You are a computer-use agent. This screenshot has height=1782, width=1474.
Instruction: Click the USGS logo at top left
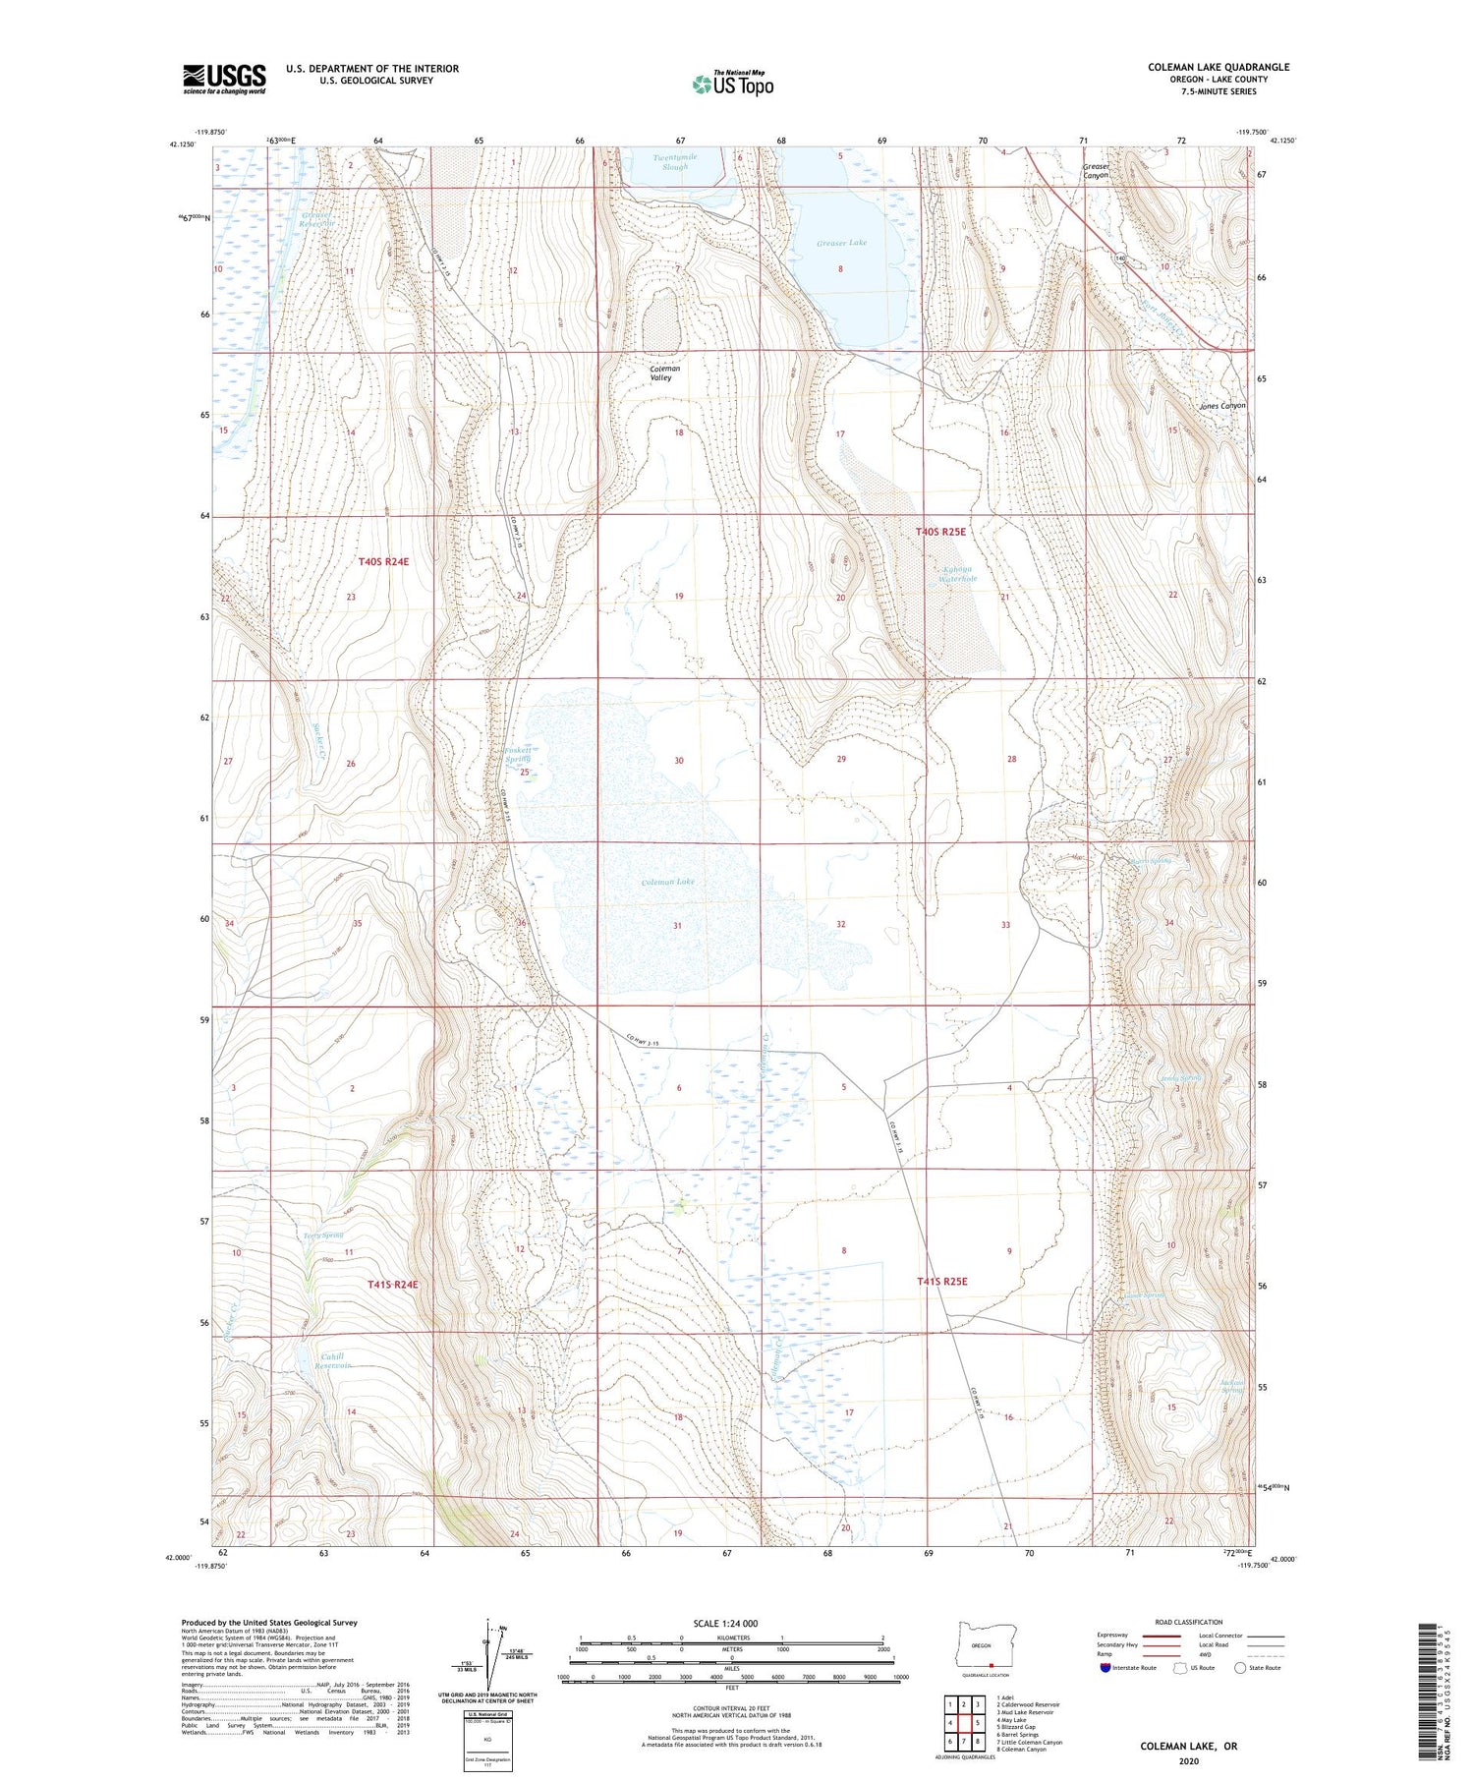224,79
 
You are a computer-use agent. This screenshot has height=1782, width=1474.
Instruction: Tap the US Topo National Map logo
733,84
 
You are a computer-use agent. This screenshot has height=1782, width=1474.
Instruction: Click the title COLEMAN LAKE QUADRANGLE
1218,67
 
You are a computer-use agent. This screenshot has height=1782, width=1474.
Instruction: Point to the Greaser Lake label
841,242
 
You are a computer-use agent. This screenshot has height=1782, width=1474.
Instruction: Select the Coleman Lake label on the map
668,882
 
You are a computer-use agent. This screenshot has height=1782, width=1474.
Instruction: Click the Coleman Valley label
664,374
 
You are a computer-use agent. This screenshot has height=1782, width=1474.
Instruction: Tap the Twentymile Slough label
675,162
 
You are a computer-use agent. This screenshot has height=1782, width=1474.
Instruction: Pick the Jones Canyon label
1221,405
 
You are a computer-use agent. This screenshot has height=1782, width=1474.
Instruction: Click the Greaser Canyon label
1096,171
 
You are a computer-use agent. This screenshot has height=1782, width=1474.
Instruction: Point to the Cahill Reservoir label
333,1360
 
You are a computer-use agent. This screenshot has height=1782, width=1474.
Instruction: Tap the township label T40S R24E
382,561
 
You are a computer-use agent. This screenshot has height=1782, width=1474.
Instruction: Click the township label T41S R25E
941,1281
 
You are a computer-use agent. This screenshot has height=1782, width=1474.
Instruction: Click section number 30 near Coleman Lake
678,761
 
